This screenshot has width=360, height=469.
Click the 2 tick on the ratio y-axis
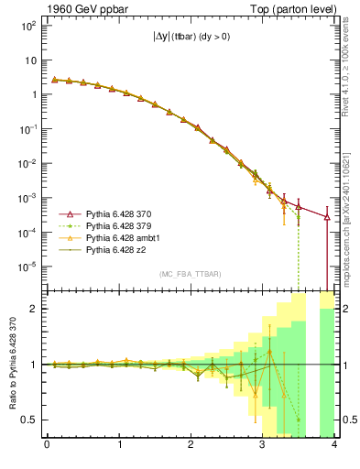[32, 309]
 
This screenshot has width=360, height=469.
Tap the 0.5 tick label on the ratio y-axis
[27, 420]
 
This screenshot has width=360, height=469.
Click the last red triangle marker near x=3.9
[327, 217]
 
